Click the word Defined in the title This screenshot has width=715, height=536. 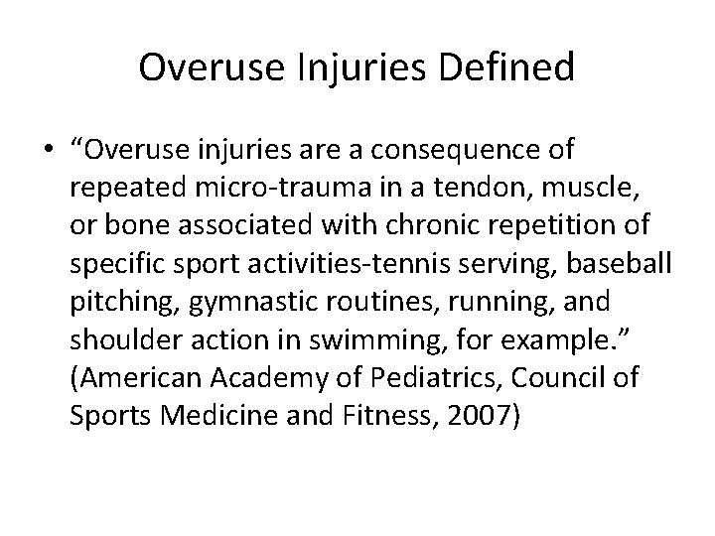(513, 67)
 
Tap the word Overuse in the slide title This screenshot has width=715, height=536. (201, 67)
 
